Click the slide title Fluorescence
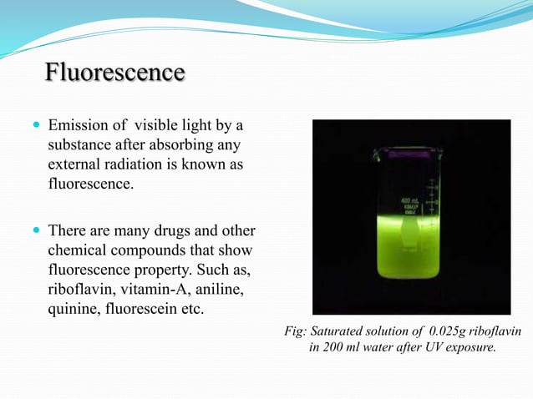tap(114, 73)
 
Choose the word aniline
tap(227, 290)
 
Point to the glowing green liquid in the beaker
tap(409, 250)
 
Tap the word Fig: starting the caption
tap(296, 331)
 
